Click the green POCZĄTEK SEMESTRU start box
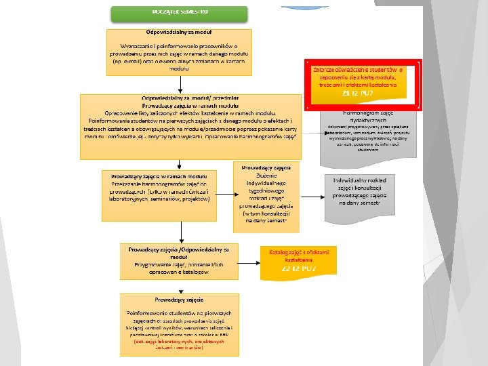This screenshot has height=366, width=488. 180,13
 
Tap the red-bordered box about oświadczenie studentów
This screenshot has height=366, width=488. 363,83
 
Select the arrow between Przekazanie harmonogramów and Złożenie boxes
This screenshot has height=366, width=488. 227,195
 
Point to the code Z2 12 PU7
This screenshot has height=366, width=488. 299,269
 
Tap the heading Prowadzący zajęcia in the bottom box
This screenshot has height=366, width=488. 180,299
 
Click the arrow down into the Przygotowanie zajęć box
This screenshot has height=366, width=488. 179,232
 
